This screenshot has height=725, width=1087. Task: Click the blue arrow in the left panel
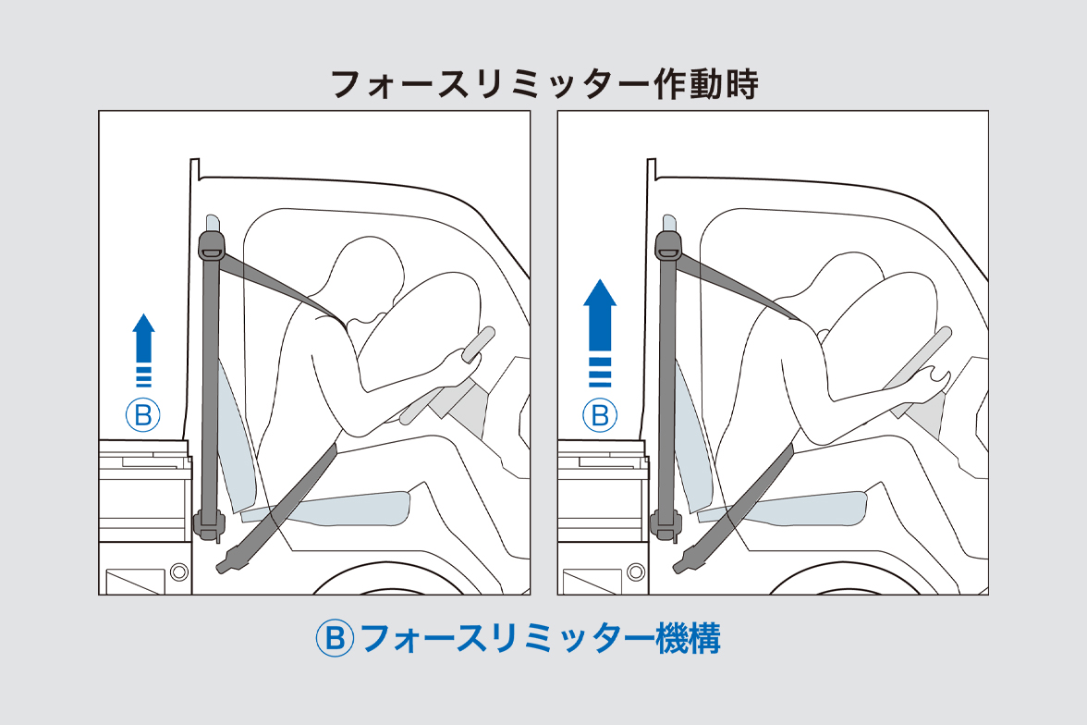[x=143, y=340]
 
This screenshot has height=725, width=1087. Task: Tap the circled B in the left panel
[x=143, y=415]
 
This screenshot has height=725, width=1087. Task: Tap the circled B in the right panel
[x=600, y=415]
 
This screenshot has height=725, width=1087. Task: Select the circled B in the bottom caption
[x=335, y=638]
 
